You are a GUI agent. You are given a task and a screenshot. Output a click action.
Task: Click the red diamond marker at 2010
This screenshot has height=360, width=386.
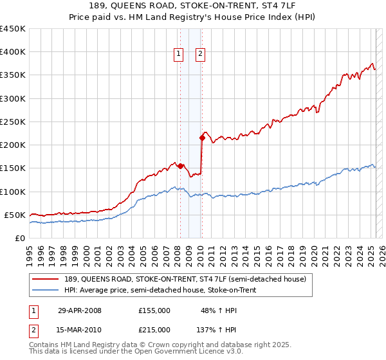pyautogui.click(x=202, y=138)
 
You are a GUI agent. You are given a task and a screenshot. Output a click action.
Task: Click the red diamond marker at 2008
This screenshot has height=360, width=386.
pyautogui.click(x=180, y=166)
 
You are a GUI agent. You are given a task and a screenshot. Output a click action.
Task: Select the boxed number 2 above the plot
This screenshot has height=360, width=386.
pyautogui.click(x=201, y=54)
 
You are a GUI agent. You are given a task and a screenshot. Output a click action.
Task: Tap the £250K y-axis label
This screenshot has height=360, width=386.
pyautogui.click(x=13, y=122)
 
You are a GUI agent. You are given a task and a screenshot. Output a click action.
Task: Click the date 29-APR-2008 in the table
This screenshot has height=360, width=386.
pyautogui.click(x=80, y=310)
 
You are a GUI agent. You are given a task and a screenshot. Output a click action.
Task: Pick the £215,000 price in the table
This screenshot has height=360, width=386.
pyautogui.click(x=154, y=330)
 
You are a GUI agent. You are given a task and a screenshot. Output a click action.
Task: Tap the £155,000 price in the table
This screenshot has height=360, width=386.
pyautogui.click(x=154, y=310)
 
